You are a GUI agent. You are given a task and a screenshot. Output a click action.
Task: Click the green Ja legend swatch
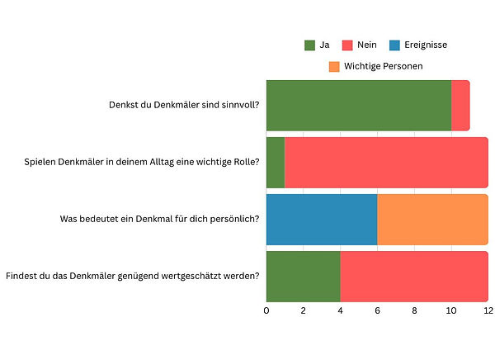click(310, 45)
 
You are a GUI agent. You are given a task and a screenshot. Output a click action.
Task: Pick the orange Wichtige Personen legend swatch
click(333, 65)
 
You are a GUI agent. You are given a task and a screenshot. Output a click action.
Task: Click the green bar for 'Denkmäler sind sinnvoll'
click(359, 106)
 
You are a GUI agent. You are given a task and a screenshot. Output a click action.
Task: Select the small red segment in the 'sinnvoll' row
click(460, 106)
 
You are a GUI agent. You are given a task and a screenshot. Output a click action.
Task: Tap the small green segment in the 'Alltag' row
click(276, 163)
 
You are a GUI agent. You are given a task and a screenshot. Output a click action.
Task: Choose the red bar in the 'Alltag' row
click(386, 163)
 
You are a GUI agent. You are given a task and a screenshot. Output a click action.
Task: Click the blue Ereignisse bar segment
click(322, 220)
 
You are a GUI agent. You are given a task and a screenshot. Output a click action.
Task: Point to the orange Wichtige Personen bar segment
click(432, 220)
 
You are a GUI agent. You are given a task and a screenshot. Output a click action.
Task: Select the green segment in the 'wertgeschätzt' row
click(303, 276)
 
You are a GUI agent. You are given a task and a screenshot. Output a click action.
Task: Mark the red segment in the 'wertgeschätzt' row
click(414, 276)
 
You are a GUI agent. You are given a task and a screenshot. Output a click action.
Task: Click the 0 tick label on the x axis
click(266, 310)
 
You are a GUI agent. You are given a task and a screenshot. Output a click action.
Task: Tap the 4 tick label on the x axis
click(340, 310)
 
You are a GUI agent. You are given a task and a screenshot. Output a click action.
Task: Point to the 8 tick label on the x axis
click(414, 310)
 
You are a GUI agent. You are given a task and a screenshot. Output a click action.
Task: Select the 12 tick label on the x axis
click(488, 310)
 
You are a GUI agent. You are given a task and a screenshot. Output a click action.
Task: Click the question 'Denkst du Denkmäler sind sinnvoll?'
click(184, 106)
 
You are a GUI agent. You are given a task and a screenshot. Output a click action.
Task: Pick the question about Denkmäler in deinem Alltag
click(142, 162)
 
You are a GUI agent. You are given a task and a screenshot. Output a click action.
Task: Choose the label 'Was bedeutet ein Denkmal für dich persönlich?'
click(160, 219)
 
